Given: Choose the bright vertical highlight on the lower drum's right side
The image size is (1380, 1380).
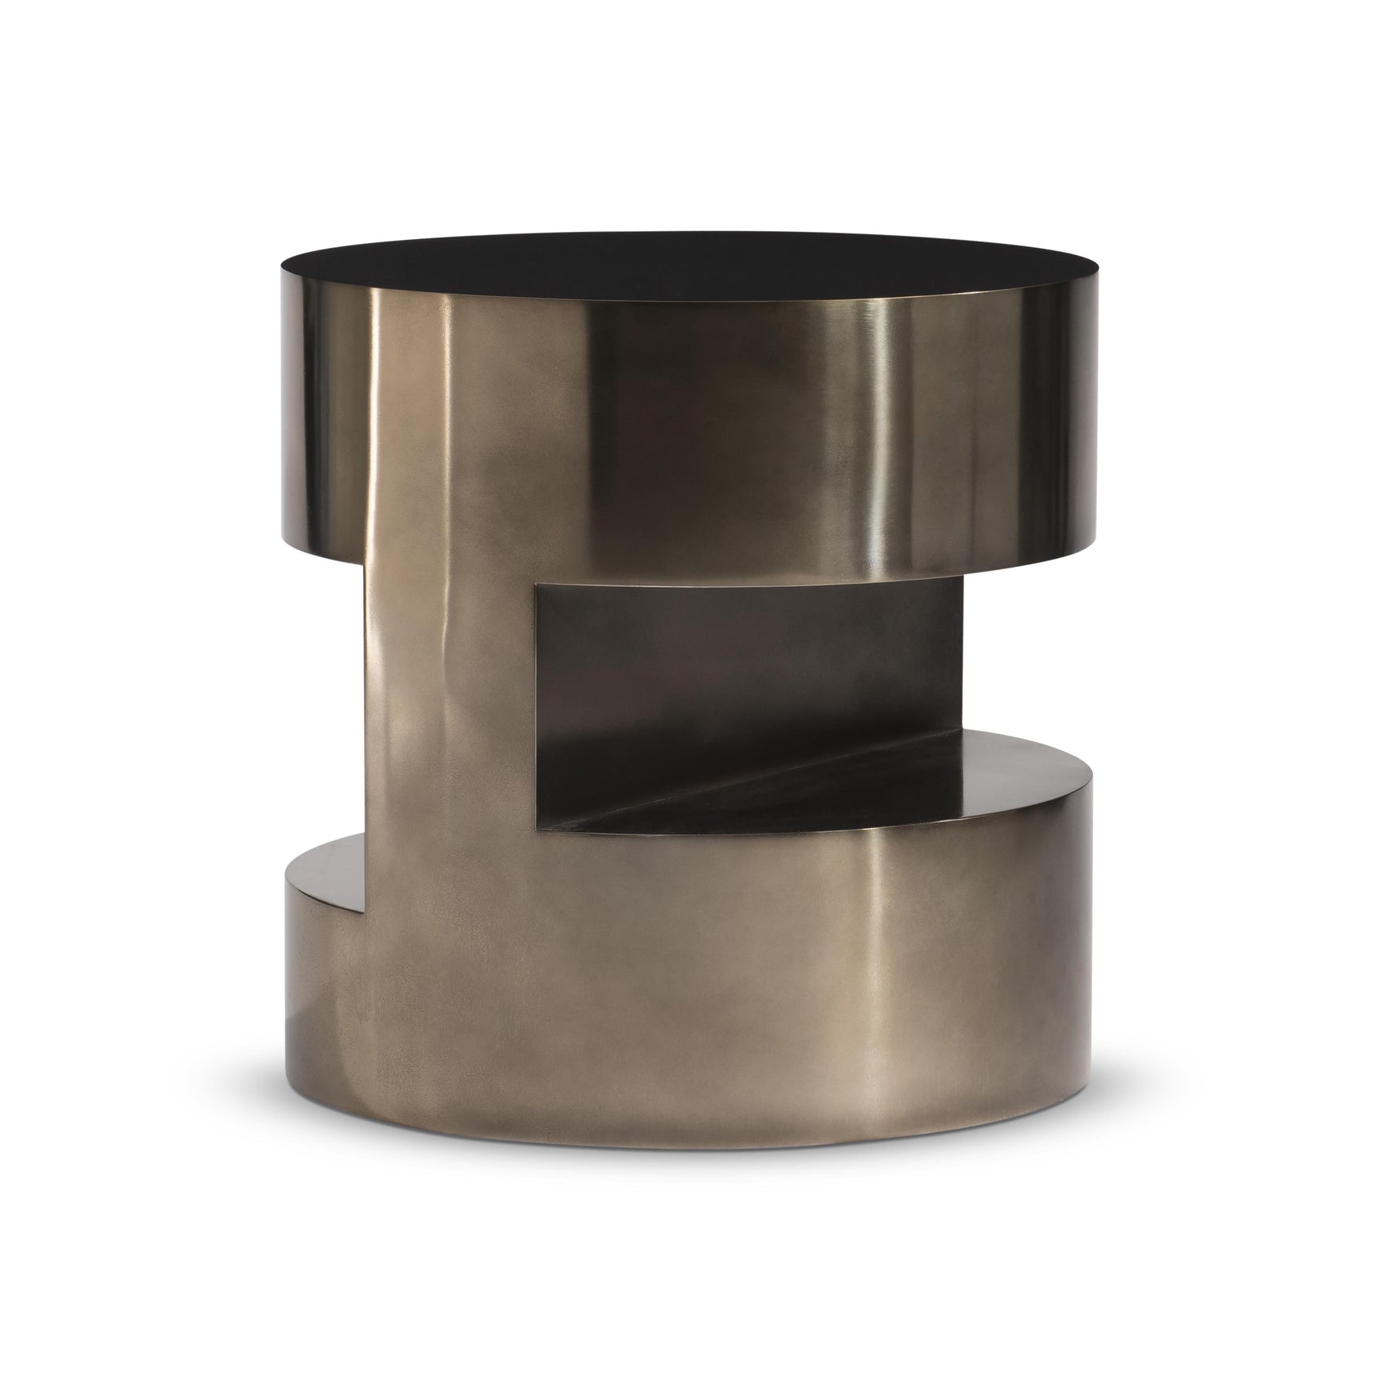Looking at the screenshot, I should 879,959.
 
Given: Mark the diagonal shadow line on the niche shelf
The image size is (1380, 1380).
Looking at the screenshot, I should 688,780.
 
